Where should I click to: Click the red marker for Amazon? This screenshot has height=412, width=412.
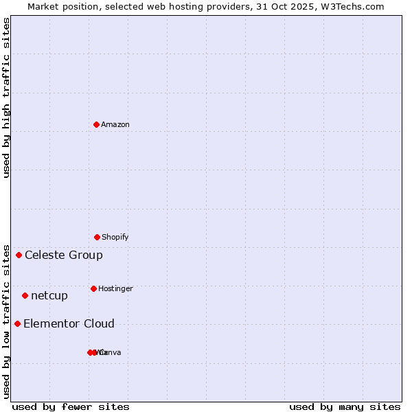[x=96, y=124]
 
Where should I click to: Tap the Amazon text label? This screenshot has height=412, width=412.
[x=115, y=124]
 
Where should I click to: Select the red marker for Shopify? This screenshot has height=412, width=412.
[x=97, y=237]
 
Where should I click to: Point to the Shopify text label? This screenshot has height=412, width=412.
[x=115, y=237]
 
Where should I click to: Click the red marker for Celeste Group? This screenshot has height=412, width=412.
[x=19, y=255]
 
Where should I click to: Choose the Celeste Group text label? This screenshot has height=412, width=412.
[x=64, y=255]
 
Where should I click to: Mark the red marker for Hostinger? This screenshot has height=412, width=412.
[x=93, y=288]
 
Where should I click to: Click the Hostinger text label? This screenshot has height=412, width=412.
[x=115, y=288]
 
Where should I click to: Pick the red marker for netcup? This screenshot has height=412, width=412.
[x=25, y=295]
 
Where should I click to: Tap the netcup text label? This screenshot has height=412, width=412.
[x=49, y=295]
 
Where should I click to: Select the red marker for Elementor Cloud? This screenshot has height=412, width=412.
[x=17, y=323]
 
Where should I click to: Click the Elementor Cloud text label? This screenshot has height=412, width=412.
[x=69, y=323]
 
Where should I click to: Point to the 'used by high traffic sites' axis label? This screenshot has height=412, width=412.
[x=7, y=98]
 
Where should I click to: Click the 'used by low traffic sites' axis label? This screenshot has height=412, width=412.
[x=7, y=321]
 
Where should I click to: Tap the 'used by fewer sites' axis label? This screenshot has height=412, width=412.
[x=71, y=407]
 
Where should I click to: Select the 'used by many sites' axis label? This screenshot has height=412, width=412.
[x=345, y=407]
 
